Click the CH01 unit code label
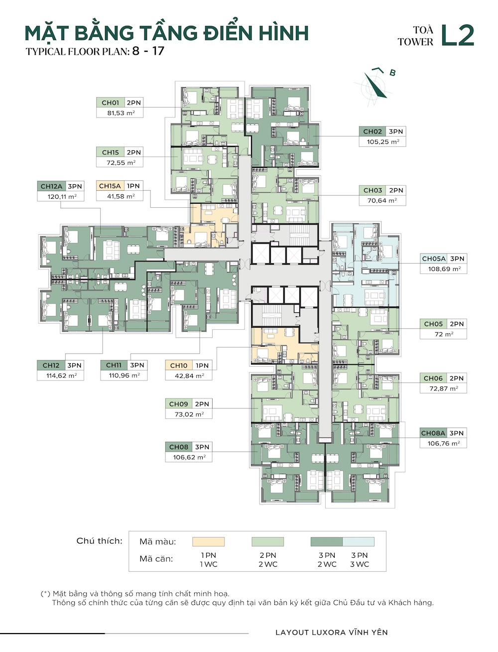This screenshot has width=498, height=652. [x=110, y=103]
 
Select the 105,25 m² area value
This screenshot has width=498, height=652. [x=383, y=141]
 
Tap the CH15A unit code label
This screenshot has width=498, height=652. [x=110, y=186]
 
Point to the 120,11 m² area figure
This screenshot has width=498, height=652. [x=62, y=197]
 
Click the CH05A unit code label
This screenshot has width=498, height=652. [x=434, y=259]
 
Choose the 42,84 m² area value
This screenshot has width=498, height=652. [x=189, y=376]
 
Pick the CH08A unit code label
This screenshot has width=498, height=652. [x=433, y=433]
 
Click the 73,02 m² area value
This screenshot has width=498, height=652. [x=189, y=414]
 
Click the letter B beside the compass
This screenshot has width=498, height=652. [x=392, y=73]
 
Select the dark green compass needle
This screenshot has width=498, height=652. [x=375, y=85]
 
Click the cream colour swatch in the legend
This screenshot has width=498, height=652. [x=208, y=541]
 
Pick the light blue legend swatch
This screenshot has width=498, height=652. [x=359, y=541]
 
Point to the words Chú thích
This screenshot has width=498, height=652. [x=100, y=541]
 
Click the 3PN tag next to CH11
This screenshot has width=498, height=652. [x=137, y=365]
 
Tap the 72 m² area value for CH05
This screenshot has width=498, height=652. [x=444, y=334]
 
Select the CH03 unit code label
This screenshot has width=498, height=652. [x=373, y=190]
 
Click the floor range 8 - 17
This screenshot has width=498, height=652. [x=148, y=51]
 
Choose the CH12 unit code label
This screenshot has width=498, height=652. [x=51, y=366]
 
